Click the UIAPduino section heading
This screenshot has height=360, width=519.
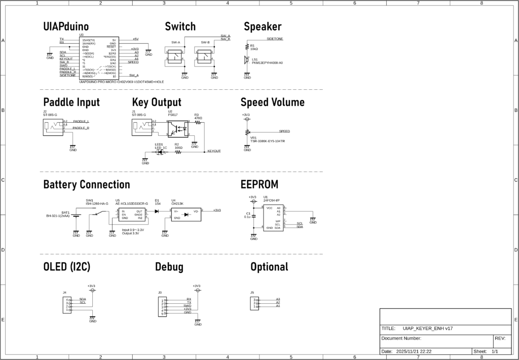[x=66, y=27]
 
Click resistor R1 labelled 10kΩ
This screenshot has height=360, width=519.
[x=247, y=48]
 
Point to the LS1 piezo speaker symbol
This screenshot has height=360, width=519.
[x=247, y=60]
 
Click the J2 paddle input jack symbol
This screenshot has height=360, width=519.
[x=53, y=126]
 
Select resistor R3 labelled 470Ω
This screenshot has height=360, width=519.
[x=198, y=122]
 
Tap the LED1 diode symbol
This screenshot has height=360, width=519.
[x=160, y=152]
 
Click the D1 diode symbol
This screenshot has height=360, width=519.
[x=157, y=210]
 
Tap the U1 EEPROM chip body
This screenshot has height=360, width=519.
[x=273, y=218]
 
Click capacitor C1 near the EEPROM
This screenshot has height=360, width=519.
[x=254, y=215]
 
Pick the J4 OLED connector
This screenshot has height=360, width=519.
[x=67, y=305]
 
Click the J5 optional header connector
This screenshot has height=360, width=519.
[x=255, y=303]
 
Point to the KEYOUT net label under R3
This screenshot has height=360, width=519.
[x=214, y=151]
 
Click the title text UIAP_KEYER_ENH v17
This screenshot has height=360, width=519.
[x=428, y=329]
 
